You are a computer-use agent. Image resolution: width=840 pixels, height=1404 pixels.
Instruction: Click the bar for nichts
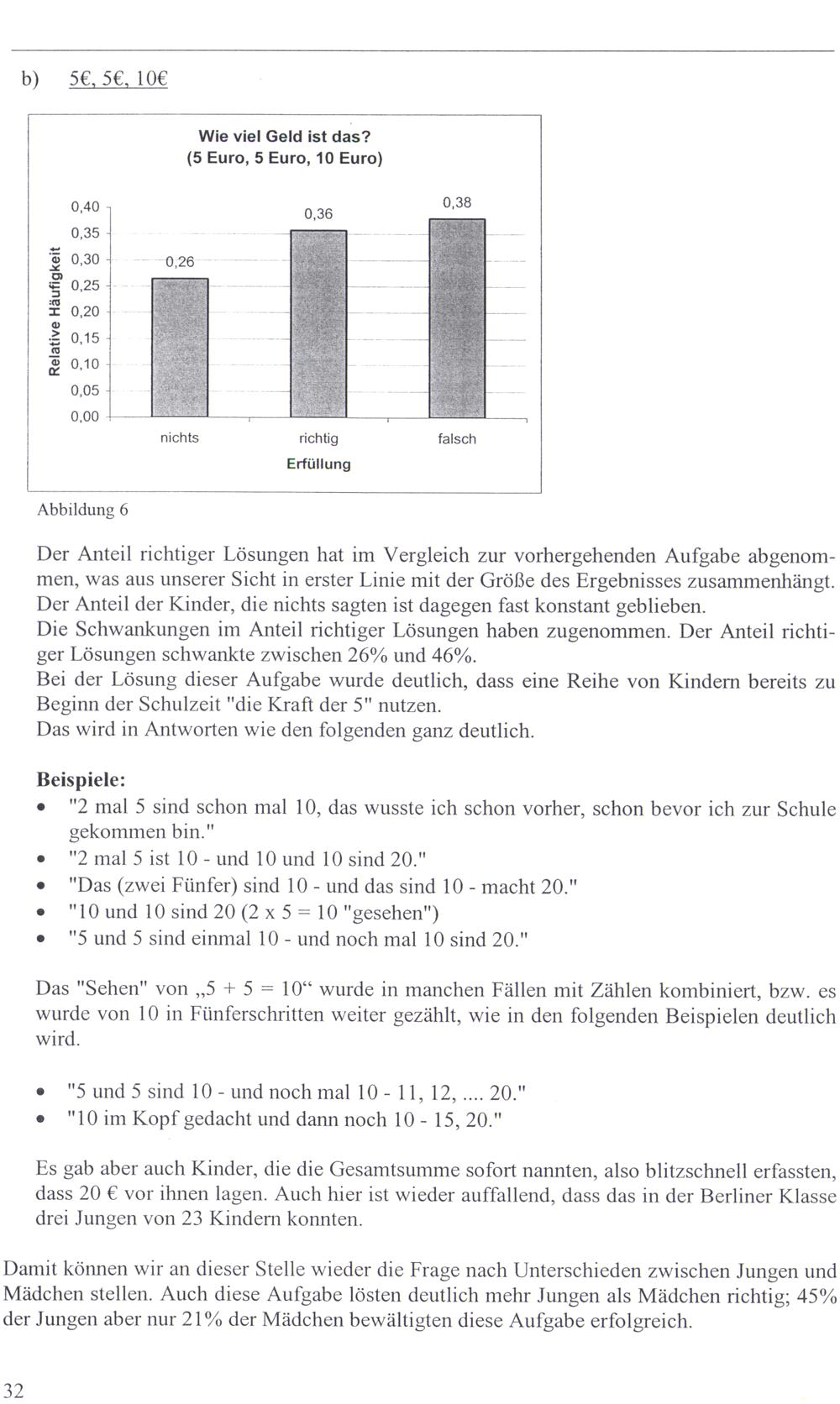pyautogui.click(x=180, y=348)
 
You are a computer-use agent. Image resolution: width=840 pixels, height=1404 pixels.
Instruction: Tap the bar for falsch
pyautogui.click(x=457, y=318)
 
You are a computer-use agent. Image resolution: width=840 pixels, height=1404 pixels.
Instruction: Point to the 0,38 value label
pyautogui.click(x=457, y=202)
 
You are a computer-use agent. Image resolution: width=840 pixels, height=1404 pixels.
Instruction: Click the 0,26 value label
pyautogui.click(x=180, y=262)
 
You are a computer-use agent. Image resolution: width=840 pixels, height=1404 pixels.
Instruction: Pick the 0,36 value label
pyautogui.click(x=318, y=214)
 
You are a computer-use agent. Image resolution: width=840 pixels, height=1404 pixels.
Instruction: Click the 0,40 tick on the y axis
pyautogui.click(x=85, y=207)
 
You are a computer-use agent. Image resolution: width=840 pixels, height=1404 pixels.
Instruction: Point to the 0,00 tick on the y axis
pyautogui.click(x=85, y=417)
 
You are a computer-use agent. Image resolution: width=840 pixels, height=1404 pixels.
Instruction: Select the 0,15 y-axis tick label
pyautogui.click(x=85, y=338)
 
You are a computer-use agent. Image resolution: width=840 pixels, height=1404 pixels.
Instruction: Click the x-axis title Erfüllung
pyautogui.click(x=318, y=464)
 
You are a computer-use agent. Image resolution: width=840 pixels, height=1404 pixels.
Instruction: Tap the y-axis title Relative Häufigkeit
pyautogui.click(x=55, y=311)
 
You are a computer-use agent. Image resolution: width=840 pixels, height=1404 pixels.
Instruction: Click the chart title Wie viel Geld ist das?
pyautogui.click(x=284, y=136)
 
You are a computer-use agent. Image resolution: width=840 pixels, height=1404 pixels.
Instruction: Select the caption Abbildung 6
pyautogui.click(x=82, y=510)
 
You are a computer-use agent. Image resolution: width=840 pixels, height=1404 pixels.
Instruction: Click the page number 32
pyautogui.click(x=14, y=1390)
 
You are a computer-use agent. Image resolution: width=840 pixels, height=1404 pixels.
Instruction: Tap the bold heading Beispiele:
pyautogui.click(x=81, y=778)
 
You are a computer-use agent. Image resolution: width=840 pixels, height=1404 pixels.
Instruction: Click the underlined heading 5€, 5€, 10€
pyautogui.click(x=119, y=81)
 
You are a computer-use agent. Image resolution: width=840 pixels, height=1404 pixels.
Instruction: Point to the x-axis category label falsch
pyautogui.click(x=457, y=439)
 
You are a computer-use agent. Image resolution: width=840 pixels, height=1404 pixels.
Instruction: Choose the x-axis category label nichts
pyautogui.click(x=180, y=438)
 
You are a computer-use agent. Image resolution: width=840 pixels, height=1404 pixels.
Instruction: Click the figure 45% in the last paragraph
pyautogui.click(x=816, y=1296)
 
